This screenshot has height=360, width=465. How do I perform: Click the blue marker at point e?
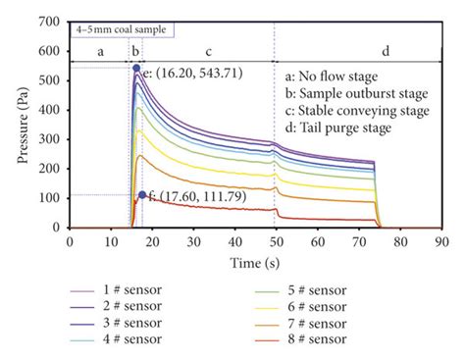[x=136, y=69]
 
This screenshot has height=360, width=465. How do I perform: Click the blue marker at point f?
[x=142, y=195]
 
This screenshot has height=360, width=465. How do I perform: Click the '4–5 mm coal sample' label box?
[x=122, y=29]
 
